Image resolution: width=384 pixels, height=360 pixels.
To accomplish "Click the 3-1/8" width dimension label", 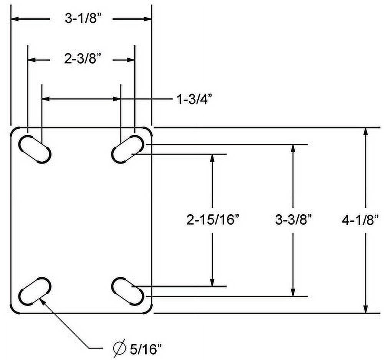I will pos(81,19).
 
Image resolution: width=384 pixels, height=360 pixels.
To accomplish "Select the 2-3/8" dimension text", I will pos(81,59).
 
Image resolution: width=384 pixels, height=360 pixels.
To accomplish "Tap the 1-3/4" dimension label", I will pos(194,99).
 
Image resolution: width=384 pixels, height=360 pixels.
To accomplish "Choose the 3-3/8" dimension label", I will pos(293,220).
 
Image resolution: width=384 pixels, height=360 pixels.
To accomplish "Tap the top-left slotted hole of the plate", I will pos(35,149).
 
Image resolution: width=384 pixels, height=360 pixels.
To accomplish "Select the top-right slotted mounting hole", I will pos(128,149).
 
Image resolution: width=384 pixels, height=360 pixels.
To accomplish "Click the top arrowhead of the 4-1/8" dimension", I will pos(366,131).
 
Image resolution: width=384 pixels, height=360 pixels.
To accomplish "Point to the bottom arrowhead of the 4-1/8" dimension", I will pos(366,309).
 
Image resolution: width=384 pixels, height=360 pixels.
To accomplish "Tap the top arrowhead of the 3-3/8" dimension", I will pos(293,149).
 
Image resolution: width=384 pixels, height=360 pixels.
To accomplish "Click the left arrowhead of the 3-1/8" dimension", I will pos(15,18).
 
